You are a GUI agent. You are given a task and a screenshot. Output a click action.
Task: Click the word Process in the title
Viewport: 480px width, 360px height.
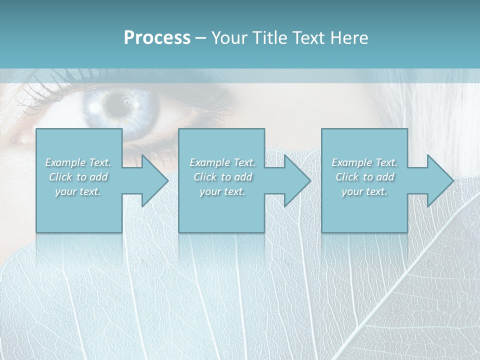tap(157, 38)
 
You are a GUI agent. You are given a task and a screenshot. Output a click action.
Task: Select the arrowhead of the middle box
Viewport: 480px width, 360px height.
tap(297, 181)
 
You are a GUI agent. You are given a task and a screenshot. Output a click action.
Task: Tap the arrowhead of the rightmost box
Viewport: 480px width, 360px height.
tap(440, 181)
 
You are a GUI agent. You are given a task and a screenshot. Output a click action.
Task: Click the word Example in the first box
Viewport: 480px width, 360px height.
tap(65, 162)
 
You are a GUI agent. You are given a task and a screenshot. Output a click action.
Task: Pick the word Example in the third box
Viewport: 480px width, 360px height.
tap(352, 162)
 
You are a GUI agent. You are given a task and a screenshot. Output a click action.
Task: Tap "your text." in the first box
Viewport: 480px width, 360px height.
tap(78, 191)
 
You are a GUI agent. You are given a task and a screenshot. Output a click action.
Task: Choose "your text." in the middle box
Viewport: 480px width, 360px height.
tap(222, 191)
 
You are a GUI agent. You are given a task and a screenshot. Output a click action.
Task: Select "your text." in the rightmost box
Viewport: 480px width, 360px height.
tap(364, 191)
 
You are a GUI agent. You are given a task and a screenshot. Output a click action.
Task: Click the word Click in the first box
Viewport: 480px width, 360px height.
tap(60, 177)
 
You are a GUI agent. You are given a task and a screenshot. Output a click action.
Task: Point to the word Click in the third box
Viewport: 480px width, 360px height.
tap(347, 177)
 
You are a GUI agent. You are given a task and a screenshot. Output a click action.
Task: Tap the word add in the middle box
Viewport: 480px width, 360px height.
tap(243, 177)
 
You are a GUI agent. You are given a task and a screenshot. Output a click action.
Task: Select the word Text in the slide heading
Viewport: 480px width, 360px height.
tap(305, 38)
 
